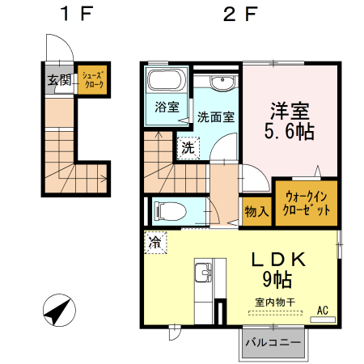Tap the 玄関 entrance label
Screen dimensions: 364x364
pos(57,80)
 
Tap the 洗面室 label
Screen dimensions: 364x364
pos(217,116)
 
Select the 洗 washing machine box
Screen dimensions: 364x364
pos(188,148)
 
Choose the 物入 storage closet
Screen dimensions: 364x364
pos(256,211)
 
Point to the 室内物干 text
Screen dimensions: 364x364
pos(276,302)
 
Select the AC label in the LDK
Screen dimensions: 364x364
pos(323,310)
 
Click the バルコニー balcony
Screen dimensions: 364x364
pos(273,343)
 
